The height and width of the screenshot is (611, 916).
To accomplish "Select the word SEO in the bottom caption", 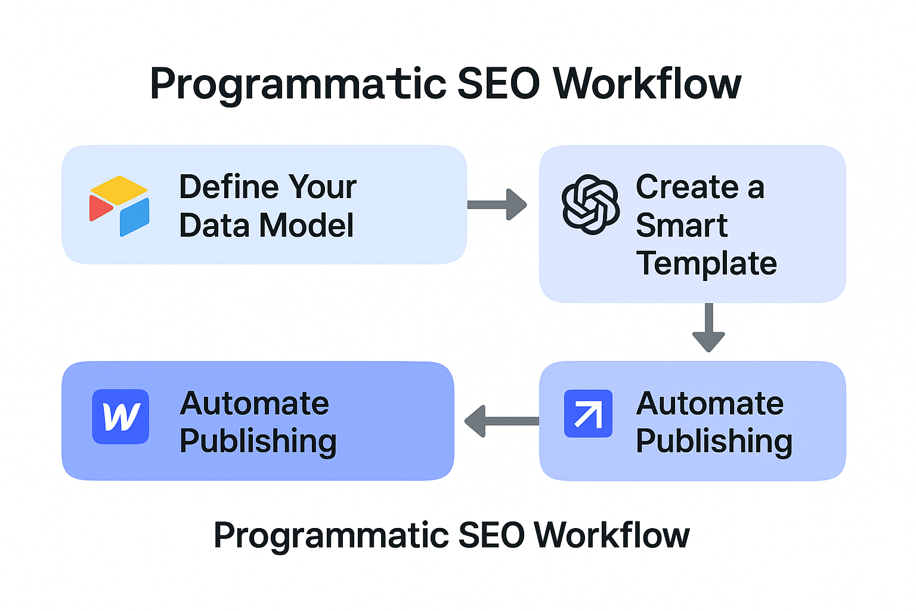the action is click(491, 535).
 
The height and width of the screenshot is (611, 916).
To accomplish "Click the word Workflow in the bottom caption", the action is click(612, 535).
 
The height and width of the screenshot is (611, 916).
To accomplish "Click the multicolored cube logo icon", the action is click(119, 206).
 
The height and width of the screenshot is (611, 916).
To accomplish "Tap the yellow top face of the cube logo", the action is click(119, 190).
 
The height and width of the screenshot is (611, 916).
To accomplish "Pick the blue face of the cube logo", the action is click(135, 217).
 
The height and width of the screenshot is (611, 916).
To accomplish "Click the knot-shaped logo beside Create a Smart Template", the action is click(590, 205).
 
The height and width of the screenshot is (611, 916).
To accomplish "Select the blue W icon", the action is click(120, 416).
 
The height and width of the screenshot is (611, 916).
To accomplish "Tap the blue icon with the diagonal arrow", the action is click(588, 413).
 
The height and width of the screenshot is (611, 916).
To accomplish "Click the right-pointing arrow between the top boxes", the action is click(497, 205).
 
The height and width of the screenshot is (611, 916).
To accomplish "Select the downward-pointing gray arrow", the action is click(708, 328).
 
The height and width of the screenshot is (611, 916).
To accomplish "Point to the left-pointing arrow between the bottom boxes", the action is click(502, 421).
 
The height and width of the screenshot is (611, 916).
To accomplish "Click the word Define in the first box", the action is click(229, 187).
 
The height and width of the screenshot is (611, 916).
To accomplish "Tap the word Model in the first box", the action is click(307, 225).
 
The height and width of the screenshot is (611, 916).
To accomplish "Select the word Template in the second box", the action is click(707, 264).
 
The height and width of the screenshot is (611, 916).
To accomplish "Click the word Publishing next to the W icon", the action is click(258, 442).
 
